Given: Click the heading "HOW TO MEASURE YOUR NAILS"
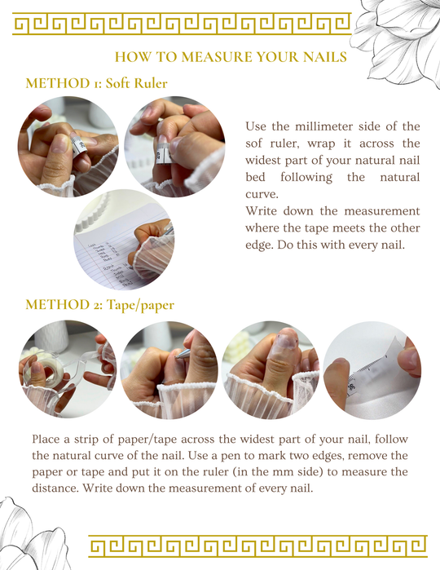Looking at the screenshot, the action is [231, 57].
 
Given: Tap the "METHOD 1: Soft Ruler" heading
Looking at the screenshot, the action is [96, 83].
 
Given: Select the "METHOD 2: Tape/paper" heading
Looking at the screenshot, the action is [100, 305].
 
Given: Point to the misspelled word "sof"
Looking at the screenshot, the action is [254, 144].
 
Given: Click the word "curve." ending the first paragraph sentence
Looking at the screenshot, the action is [262, 194].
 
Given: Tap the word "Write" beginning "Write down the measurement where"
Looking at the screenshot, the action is [260, 211].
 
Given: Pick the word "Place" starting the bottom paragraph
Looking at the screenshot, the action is [46, 440].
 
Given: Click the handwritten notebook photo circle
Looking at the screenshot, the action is [124, 240].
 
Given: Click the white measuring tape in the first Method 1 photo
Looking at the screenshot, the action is [81, 148].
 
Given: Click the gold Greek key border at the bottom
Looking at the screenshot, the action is [258, 546].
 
